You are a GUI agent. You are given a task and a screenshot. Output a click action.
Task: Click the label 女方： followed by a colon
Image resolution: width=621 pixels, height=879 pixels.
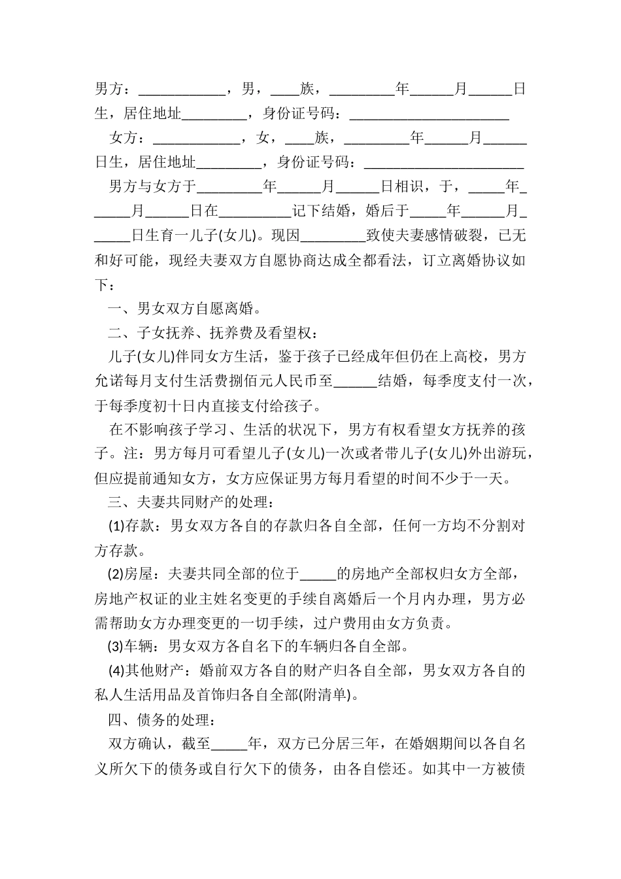click(129, 139)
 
